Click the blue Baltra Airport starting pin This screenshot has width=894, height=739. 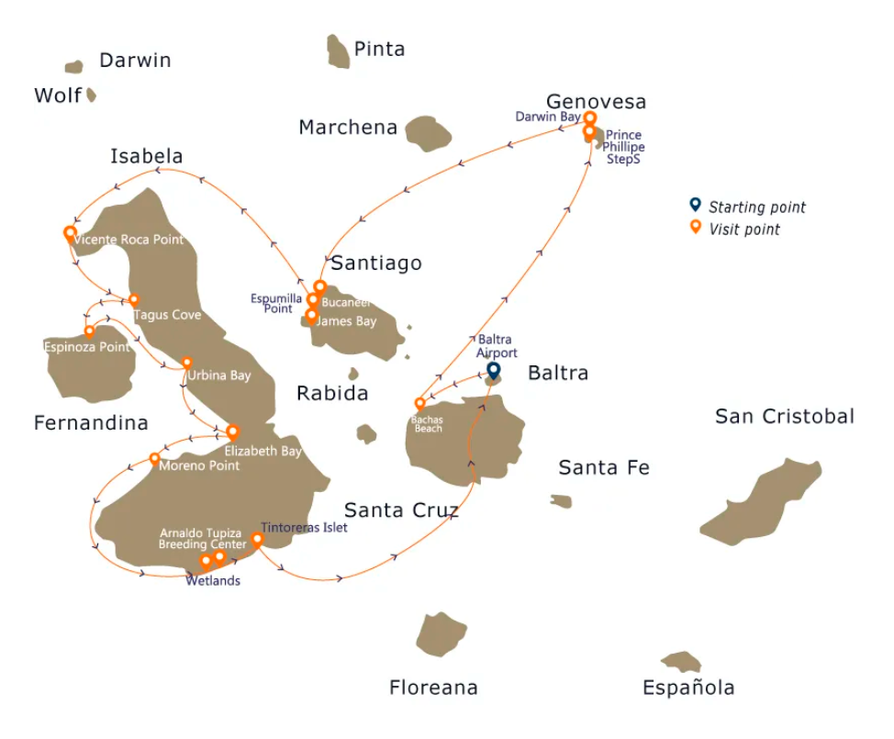point(493,370)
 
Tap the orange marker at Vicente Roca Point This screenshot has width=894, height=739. point(69,233)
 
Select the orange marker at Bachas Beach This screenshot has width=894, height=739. point(419,403)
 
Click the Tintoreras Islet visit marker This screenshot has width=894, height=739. point(257,540)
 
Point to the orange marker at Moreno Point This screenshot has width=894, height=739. point(154,458)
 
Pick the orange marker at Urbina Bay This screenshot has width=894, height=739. point(187,363)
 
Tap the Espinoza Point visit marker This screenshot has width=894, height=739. point(89,331)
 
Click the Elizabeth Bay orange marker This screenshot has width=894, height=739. point(232,431)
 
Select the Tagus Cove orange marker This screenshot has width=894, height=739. point(134,299)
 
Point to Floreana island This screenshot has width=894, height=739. point(442,634)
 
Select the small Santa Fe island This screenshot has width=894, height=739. point(561,501)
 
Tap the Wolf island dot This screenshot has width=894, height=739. point(91,95)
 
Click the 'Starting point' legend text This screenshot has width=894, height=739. point(756,207)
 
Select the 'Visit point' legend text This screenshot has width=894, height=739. point(743,230)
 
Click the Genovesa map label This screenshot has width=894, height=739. point(596,101)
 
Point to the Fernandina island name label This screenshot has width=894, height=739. point(91,423)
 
